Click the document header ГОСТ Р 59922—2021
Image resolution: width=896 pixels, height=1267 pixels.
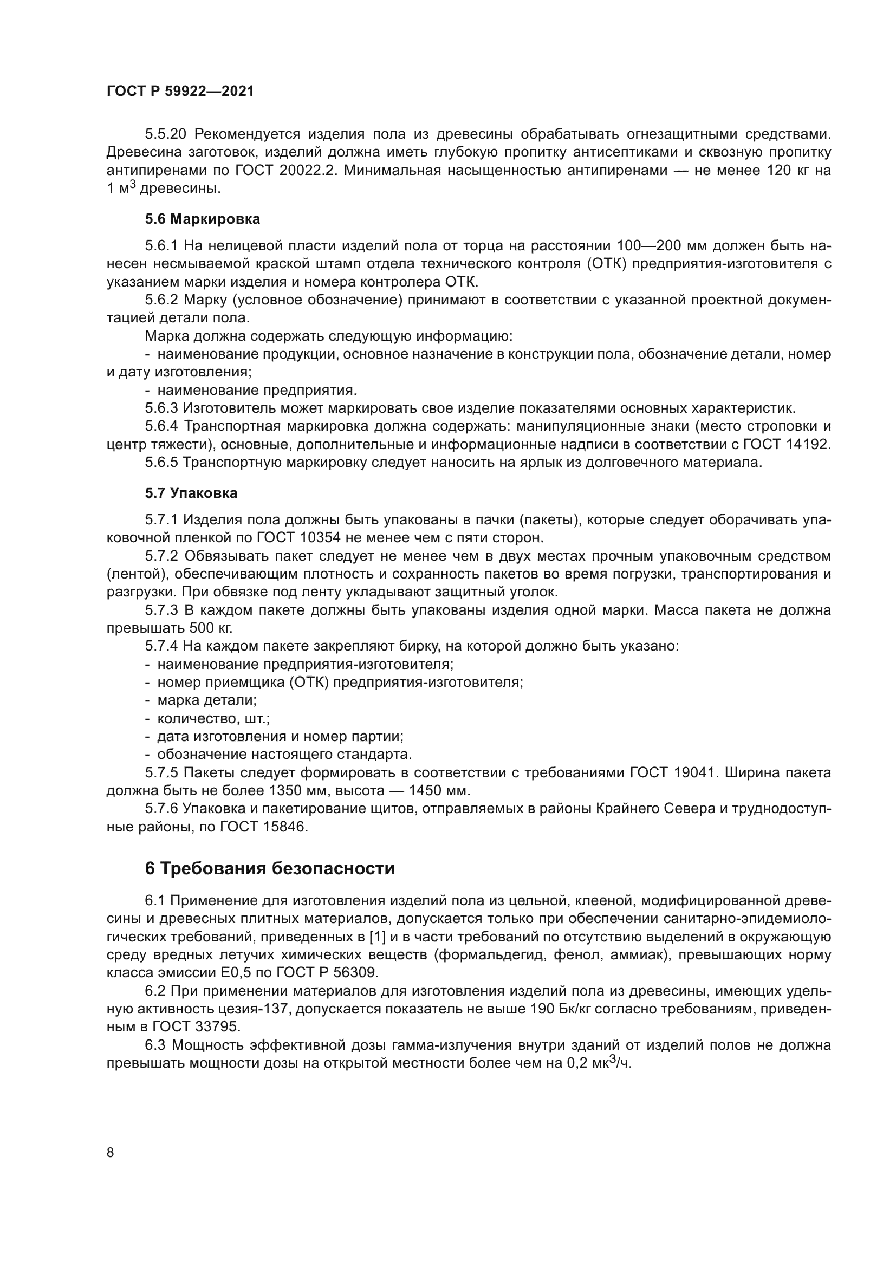(x=180, y=92)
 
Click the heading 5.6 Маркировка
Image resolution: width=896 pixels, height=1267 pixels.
(x=203, y=219)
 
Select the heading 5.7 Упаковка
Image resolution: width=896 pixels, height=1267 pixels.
(x=191, y=493)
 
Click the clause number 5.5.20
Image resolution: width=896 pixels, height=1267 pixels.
(x=166, y=134)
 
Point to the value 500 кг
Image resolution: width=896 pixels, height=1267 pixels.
(x=211, y=628)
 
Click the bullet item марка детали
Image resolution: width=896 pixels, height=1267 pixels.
(x=207, y=700)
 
